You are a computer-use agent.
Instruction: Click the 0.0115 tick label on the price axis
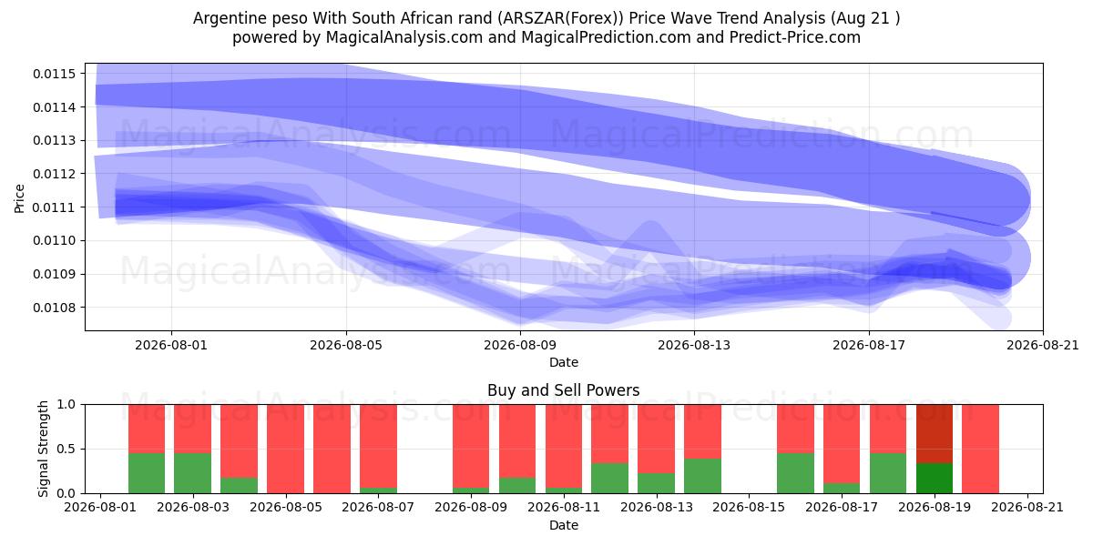coord(55,74)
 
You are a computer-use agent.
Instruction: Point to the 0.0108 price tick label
coord(55,308)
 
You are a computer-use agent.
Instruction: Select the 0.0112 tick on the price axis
coord(55,174)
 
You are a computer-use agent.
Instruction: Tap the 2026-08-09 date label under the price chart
coord(520,345)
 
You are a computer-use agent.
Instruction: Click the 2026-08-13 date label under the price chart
coord(694,345)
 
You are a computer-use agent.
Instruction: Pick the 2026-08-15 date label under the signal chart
coord(749,508)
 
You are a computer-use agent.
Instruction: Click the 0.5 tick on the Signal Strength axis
coord(66,449)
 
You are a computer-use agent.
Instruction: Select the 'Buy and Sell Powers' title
coord(564,390)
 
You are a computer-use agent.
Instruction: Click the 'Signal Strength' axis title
coord(44,449)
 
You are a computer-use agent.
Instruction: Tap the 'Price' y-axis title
coord(19,198)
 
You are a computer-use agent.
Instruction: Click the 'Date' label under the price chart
coord(564,362)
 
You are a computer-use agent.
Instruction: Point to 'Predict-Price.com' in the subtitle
coord(795,37)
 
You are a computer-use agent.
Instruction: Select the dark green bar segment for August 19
coord(935,479)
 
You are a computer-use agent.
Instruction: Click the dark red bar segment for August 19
coord(935,434)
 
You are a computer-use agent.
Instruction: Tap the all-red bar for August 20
coord(981,449)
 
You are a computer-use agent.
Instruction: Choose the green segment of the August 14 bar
coord(702,476)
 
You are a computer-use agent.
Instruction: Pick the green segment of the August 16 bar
coord(795,473)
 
